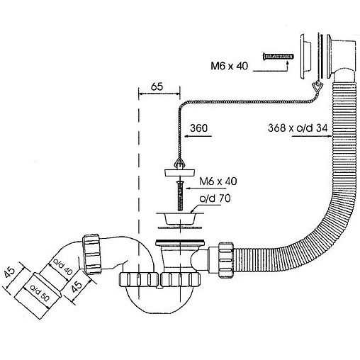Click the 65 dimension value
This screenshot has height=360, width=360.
157,86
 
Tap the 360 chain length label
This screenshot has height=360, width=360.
198,128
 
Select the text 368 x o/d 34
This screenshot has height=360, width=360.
298,128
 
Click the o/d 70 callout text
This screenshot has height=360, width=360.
215,198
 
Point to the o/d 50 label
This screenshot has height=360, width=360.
40,293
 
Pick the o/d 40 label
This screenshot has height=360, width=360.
62,267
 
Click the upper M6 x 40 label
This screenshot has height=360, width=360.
230,66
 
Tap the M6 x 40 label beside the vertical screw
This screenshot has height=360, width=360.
218,181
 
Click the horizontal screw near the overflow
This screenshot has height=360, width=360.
279,57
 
